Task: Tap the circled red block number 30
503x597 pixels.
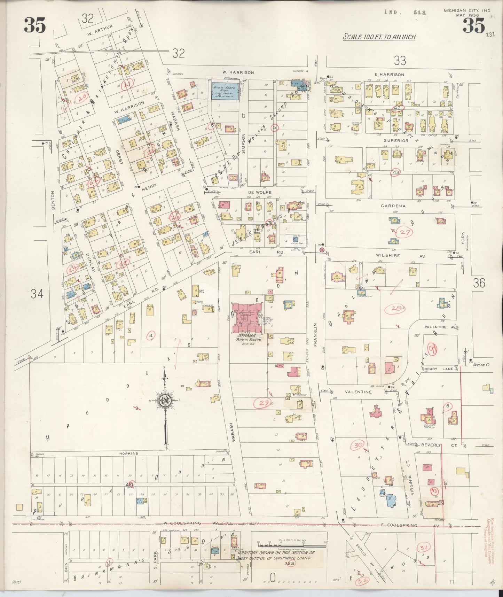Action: tap(357, 445)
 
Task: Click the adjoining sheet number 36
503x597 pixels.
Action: tap(479, 284)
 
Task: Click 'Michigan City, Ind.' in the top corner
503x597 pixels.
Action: tap(467, 11)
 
